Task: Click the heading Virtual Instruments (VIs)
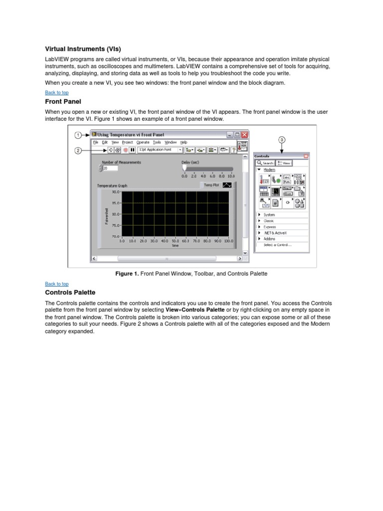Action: tap(83, 49)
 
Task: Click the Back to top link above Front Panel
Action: tap(57, 92)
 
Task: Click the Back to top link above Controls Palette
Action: tap(57, 284)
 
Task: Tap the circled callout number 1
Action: tap(78, 135)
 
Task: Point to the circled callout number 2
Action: tap(78, 150)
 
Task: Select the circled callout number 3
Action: tap(282, 140)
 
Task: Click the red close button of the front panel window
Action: tap(244, 135)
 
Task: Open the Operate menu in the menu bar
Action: tap(143, 142)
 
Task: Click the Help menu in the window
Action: tap(184, 142)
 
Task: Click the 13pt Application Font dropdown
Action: tap(160, 149)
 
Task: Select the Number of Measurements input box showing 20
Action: tap(110, 169)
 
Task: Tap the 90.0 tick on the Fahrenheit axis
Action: tap(115, 192)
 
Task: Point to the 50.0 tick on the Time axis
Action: tap(176, 241)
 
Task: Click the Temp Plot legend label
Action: tap(211, 185)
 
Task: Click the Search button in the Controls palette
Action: tap(266, 163)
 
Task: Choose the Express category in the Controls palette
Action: tap(269, 227)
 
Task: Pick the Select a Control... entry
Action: tap(277, 245)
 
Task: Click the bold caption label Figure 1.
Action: tap(126, 273)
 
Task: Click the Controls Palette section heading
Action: tap(70, 292)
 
